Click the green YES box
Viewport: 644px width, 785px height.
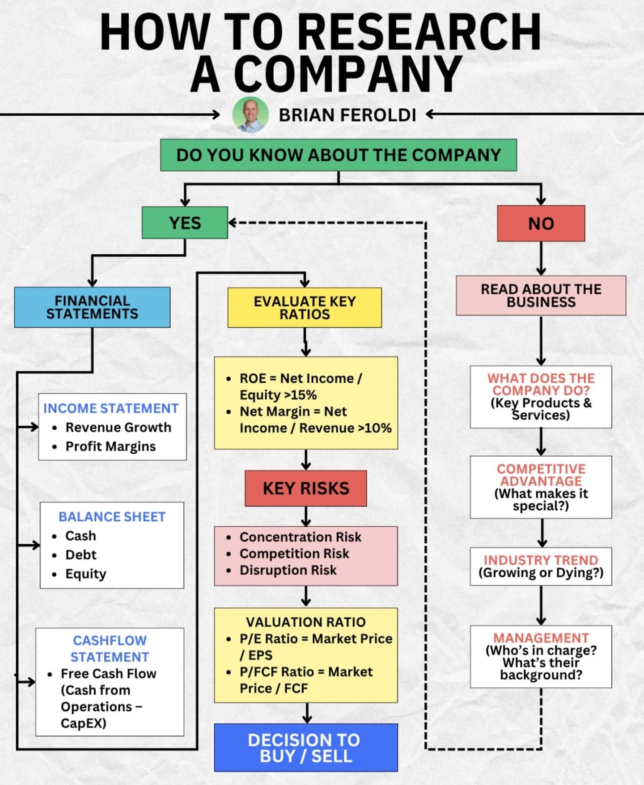[185, 222]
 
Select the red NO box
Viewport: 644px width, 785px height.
[541, 223]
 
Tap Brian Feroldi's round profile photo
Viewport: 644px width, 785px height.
[250, 115]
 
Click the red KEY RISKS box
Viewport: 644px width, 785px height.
[306, 488]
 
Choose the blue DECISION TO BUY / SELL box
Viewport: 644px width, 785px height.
[306, 747]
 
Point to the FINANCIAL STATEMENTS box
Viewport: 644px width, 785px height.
[92, 307]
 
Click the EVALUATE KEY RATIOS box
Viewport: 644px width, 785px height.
[305, 308]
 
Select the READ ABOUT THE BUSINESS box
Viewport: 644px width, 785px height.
[541, 296]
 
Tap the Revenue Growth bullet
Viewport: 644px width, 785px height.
[118, 428]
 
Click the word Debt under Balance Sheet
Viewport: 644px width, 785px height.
[81, 555]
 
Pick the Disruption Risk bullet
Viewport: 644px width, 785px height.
[288, 570]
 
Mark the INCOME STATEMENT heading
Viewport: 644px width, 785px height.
[111, 408]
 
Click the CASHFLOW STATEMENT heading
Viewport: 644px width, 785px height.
[110, 649]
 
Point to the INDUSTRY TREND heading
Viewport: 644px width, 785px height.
[541, 560]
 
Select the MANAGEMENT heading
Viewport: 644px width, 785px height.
[541, 638]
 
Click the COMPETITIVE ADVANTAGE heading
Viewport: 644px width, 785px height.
[541, 475]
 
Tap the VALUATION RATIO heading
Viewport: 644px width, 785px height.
[306, 622]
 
